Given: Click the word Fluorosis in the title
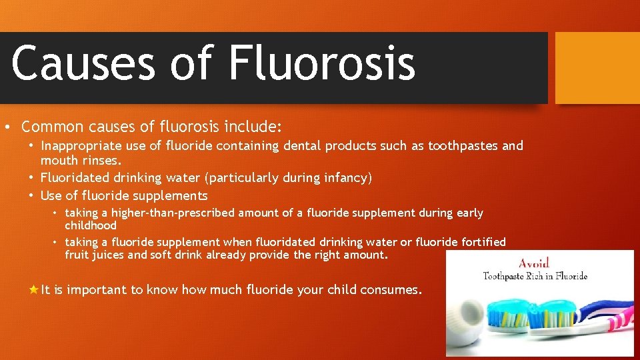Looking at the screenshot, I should (322, 64).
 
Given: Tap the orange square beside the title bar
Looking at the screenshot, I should (597, 68).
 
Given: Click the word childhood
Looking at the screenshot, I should (91, 225).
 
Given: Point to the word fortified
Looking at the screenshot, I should (478, 242).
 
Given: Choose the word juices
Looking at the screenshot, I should (107, 255).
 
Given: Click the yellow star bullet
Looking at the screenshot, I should (33, 289).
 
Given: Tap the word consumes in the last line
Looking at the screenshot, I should (390, 290).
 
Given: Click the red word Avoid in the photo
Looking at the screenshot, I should (535, 263).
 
